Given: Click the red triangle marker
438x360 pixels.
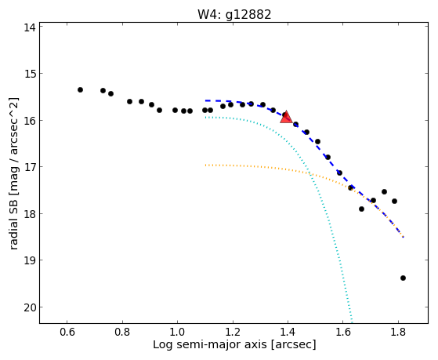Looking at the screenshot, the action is point(286,118).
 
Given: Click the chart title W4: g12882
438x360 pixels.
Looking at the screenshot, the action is point(234,15).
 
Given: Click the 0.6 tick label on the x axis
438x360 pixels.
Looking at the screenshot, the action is point(67,333).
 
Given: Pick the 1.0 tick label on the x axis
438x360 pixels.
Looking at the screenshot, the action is point(177,333).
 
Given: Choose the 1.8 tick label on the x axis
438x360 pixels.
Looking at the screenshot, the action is point(398,333).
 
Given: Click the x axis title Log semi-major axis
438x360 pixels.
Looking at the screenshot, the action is point(210,345).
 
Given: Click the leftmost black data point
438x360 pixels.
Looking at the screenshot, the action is point(80,89).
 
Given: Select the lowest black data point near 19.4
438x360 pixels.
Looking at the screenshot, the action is point(403,278).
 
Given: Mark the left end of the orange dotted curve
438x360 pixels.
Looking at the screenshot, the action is point(205,165).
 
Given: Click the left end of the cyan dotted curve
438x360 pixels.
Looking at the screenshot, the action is point(205,118).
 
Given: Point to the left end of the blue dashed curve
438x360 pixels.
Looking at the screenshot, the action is point(205,100).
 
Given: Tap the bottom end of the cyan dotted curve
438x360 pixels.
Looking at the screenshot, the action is point(352,322).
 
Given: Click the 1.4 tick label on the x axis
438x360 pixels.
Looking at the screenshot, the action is point(288,333).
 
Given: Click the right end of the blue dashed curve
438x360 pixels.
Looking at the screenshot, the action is point(403,237).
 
